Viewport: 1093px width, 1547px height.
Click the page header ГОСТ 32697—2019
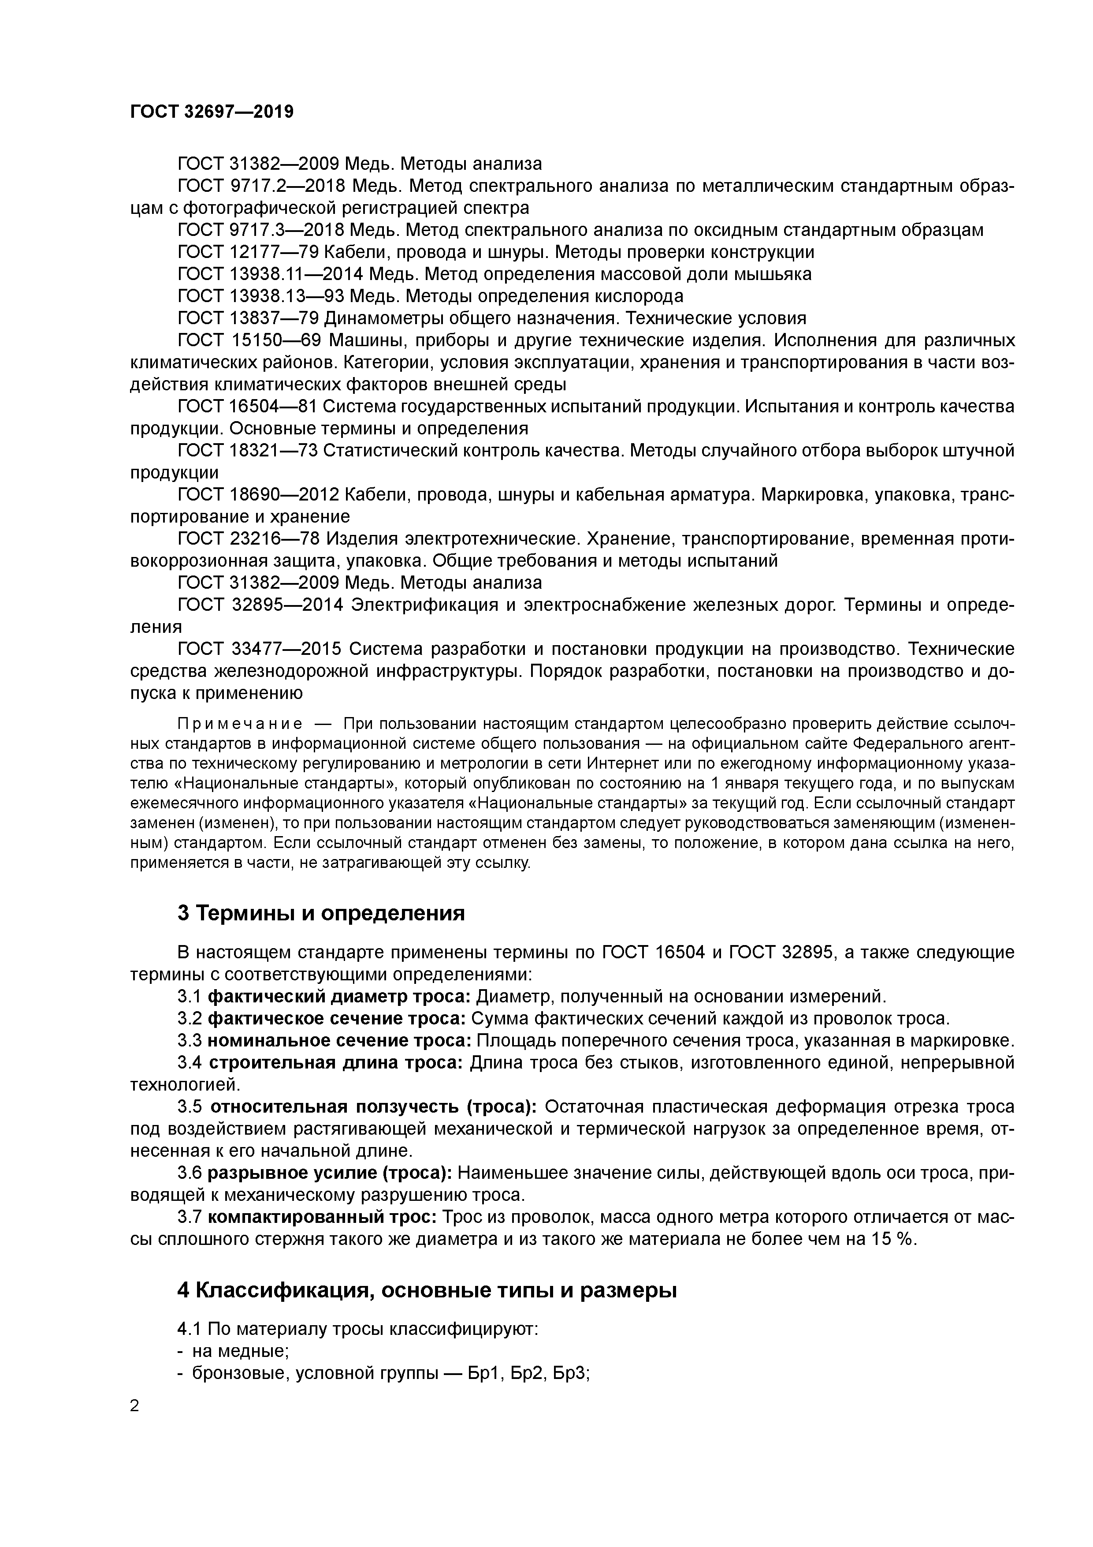pyautogui.click(x=212, y=112)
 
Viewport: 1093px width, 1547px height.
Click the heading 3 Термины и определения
pyautogui.click(x=321, y=913)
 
